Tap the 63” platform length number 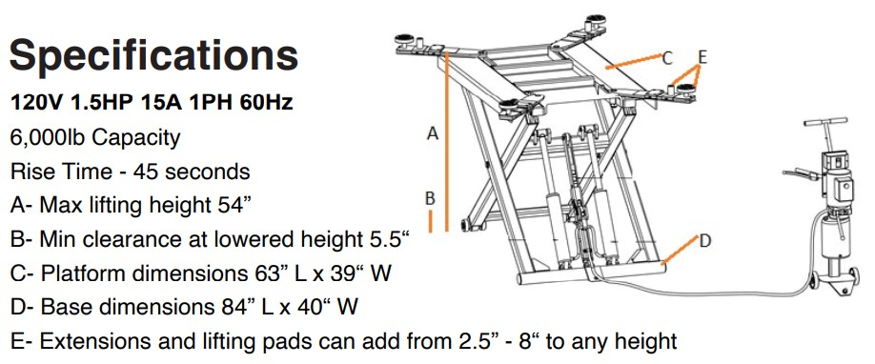click(264, 273)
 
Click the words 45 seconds click(192, 172)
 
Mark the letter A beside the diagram click(433, 133)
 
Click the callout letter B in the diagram click(430, 198)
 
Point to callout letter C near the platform click(667, 57)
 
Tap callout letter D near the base click(705, 241)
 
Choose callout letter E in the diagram click(702, 57)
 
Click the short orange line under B click(430, 221)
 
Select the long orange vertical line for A click(446, 141)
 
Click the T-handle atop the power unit click(825, 122)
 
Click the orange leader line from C click(634, 61)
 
